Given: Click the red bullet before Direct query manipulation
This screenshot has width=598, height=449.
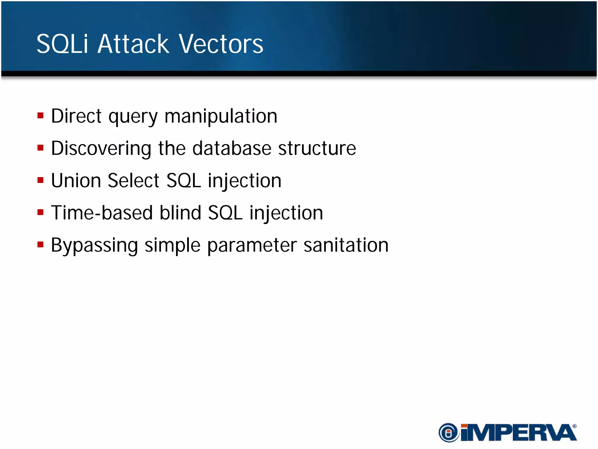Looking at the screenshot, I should pyautogui.click(x=41, y=115).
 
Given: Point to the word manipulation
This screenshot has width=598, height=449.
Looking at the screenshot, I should pyautogui.click(x=221, y=116).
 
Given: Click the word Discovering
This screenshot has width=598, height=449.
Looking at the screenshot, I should pyautogui.click(x=101, y=148).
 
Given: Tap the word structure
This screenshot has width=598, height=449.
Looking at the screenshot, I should pyautogui.click(x=317, y=148).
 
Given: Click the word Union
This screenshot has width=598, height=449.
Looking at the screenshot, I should pyautogui.click(x=76, y=180).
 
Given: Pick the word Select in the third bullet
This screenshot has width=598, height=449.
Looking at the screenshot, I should pyautogui.click(x=133, y=180).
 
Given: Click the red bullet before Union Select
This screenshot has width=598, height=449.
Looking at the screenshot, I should pyautogui.click(x=41, y=180).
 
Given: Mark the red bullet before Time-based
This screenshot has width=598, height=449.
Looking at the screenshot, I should pyautogui.click(x=41, y=212).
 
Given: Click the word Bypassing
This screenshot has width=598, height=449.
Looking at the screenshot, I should pyautogui.click(x=94, y=245).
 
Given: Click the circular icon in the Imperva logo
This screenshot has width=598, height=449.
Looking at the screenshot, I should pyautogui.click(x=449, y=432).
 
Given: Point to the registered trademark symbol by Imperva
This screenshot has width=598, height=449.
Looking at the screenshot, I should pyautogui.click(x=574, y=426).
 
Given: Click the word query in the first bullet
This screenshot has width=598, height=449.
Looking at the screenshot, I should pyautogui.click(x=133, y=117).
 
